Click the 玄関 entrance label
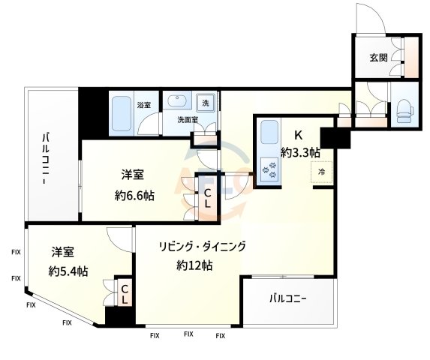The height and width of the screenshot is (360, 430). tap(377, 58)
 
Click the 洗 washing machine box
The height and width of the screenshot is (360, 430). tap(204, 103)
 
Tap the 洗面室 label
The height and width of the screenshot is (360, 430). tap(187, 119)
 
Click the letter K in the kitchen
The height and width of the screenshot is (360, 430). tap(298, 136)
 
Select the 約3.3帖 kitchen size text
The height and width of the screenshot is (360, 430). tap(300, 152)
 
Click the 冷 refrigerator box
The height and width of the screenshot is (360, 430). tap(322, 172)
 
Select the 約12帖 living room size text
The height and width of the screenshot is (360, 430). tap(194, 265)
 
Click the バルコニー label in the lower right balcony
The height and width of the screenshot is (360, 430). tap(289, 300)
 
